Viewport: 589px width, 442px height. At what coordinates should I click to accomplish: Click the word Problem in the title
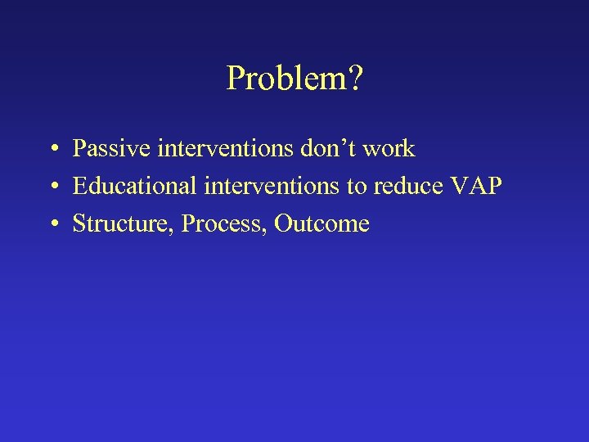286,79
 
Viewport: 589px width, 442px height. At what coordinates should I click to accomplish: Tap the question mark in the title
356,79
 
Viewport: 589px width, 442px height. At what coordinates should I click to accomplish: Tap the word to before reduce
357,187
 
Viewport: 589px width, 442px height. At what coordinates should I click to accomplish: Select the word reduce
407,187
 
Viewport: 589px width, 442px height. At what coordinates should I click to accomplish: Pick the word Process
223,223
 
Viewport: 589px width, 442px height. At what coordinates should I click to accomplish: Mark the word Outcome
322,223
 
